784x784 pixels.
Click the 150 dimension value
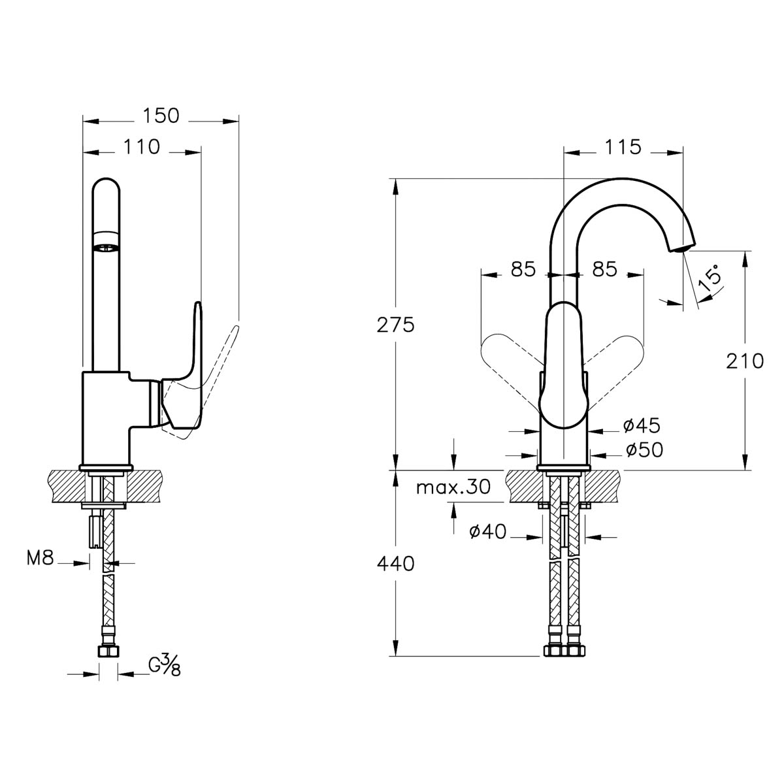[x=161, y=116]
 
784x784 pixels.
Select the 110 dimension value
[x=142, y=147]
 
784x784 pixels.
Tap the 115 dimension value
[x=623, y=147]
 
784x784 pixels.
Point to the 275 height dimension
[x=395, y=325]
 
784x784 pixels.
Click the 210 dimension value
[x=745, y=361]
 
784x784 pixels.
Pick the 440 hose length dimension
[x=395, y=564]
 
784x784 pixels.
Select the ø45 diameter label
[x=642, y=425]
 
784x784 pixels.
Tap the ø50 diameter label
[x=644, y=449]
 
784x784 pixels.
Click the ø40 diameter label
[x=488, y=531]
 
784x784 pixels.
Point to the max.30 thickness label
[x=453, y=487]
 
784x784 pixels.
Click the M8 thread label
[x=40, y=558]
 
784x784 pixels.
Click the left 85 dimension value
[x=523, y=269]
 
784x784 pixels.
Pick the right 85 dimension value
[x=604, y=269]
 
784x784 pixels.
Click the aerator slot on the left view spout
[x=106, y=247]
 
